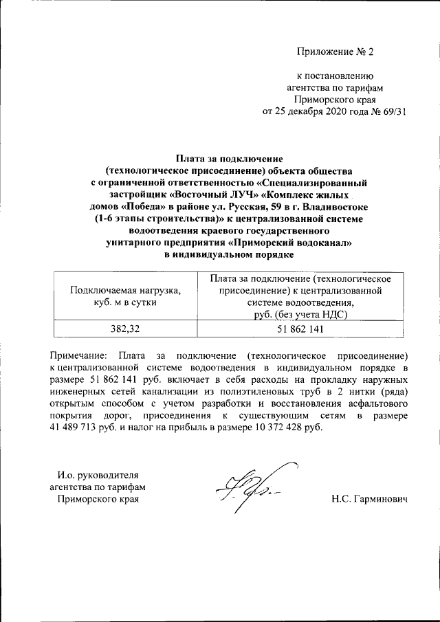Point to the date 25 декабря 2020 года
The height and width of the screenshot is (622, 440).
click(x=317, y=113)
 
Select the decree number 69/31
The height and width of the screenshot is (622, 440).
click(x=392, y=113)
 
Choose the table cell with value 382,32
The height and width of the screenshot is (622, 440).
click(x=125, y=329)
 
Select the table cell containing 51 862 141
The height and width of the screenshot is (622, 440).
click(x=297, y=329)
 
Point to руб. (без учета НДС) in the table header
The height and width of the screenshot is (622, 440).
click(x=297, y=314)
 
